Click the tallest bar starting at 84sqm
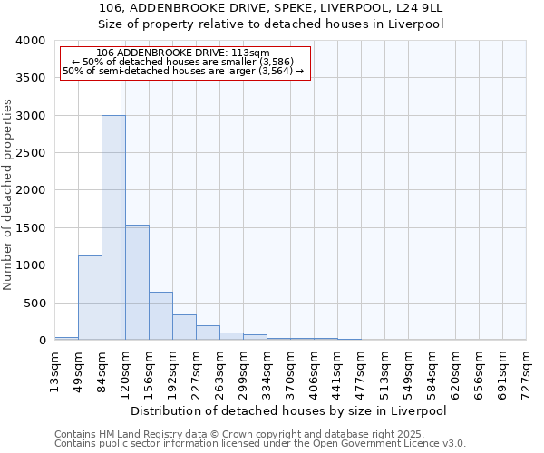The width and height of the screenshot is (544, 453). click(113, 227)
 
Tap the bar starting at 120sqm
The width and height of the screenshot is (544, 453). click(137, 282)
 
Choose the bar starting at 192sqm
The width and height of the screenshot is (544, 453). click(184, 327)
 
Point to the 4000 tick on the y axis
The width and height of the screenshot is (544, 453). click(30, 41)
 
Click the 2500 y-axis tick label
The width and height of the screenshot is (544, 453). click(30, 153)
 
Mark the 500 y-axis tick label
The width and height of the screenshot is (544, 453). click(34, 304)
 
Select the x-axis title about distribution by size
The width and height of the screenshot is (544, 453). click(290, 410)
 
